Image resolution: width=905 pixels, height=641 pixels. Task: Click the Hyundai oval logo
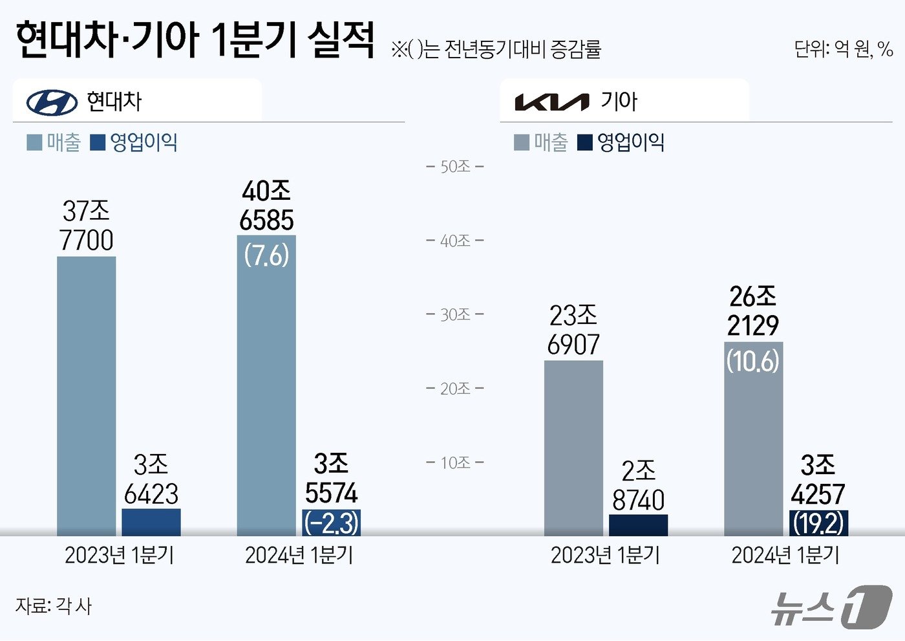(52, 102)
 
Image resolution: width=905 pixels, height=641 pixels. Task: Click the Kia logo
(551, 102)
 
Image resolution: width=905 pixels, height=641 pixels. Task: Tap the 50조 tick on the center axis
(455, 167)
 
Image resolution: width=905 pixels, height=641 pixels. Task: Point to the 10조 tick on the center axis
(455, 463)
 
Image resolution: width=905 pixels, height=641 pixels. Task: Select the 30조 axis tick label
(455, 315)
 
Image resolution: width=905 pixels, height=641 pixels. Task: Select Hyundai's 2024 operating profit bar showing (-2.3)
(331, 523)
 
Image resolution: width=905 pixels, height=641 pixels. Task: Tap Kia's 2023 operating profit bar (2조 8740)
(638, 525)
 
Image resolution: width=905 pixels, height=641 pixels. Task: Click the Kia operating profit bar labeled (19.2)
(818, 523)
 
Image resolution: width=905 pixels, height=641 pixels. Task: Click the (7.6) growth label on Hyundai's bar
(266, 255)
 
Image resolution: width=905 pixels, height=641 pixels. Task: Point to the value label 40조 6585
(266, 206)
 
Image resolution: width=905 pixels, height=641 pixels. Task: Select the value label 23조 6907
(573, 331)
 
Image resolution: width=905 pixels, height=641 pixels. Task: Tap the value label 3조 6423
(151, 480)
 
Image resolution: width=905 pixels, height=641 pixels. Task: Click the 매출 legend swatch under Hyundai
(34, 142)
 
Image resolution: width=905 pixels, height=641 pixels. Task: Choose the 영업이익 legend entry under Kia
(621, 142)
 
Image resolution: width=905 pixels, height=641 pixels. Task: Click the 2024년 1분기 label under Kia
(785, 555)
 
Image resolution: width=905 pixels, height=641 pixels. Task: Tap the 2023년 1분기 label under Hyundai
(120, 555)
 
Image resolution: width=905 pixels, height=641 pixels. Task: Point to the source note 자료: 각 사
(54, 606)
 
